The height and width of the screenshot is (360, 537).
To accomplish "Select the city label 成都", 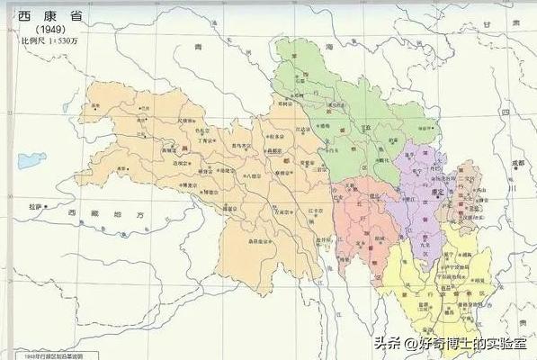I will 518,163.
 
